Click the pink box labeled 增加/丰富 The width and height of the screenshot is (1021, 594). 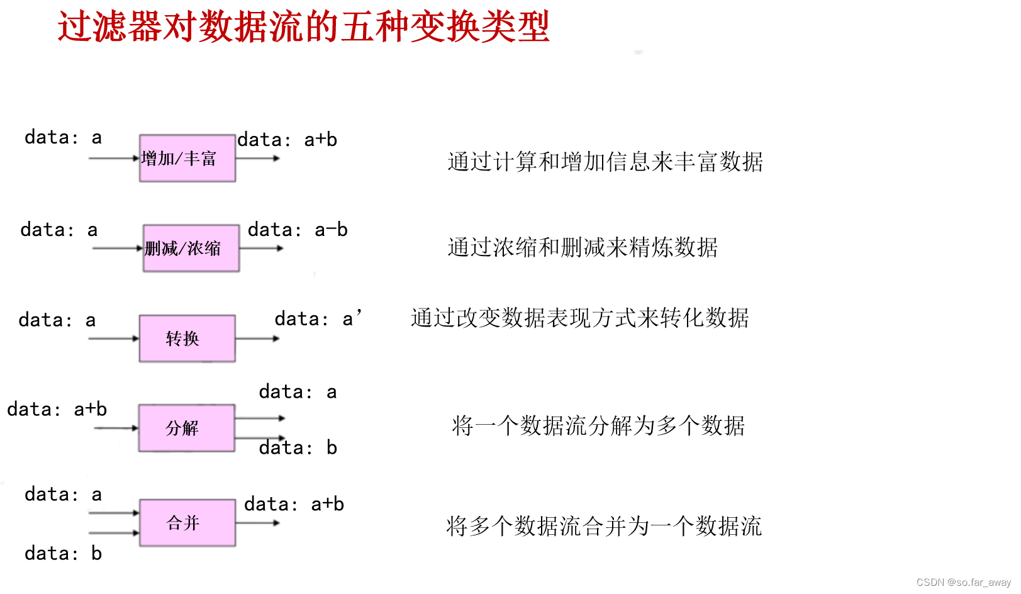(x=187, y=158)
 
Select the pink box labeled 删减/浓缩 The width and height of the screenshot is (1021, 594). (x=191, y=248)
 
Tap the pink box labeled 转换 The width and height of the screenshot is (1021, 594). (x=187, y=339)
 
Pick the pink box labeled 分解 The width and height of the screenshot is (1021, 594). (x=187, y=428)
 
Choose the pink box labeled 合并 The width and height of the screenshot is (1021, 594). (x=187, y=523)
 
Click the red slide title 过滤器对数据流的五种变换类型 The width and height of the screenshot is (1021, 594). (x=303, y=26)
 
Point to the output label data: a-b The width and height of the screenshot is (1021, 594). (x=298, y=230)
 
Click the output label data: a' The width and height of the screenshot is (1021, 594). (x=318, y=319)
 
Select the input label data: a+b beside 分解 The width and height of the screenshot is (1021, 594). (x=57, y=410)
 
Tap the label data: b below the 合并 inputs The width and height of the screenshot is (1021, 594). (x=63, y=554)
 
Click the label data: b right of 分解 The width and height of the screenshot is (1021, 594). (x=298, y=448)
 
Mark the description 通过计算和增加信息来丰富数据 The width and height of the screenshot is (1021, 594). (x=605, y=162)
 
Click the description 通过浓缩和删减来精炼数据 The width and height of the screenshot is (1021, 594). (x=583, y=247)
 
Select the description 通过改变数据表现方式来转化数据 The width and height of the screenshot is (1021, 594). (x=579, y=318)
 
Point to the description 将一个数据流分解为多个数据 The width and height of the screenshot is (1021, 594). (x=598, y=426)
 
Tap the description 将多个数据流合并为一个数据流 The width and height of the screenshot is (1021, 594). (x=604, y=526)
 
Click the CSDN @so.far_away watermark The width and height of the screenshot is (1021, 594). (x=963, y=583)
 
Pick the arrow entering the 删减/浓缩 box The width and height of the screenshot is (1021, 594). (x=118, y=248)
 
